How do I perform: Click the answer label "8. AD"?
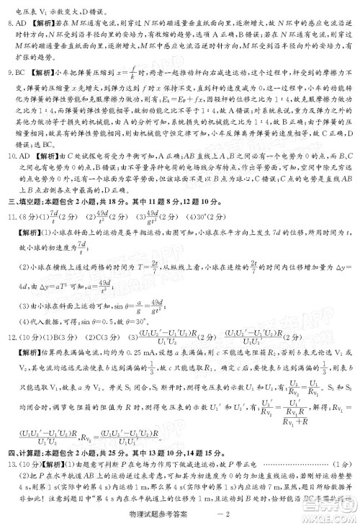pyautogui.click(x=16, y=22)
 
